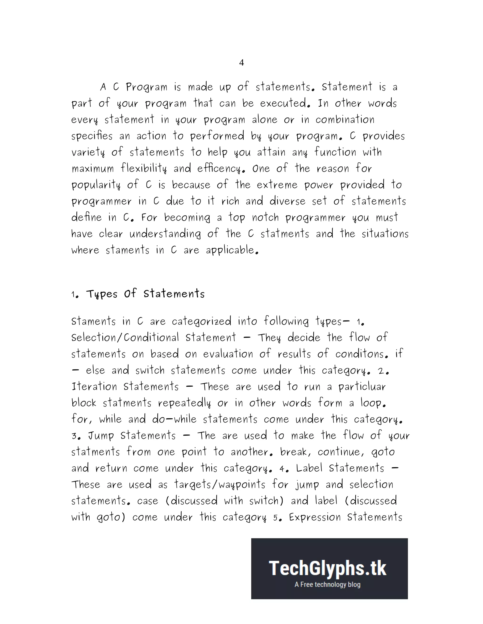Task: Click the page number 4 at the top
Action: [x=241, y=63]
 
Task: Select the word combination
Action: [x=345, y=120]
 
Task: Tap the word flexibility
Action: [x=143, y=169]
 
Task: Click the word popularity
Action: [x=96, y=185]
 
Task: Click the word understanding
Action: [x=165, y=234]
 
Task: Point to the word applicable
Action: [x=232, y=250]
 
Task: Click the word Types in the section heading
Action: [x=102, y=294]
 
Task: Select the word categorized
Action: [x=201, y=321]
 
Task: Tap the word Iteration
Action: [x=94, y=387]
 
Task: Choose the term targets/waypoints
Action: [x=220, y=485]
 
